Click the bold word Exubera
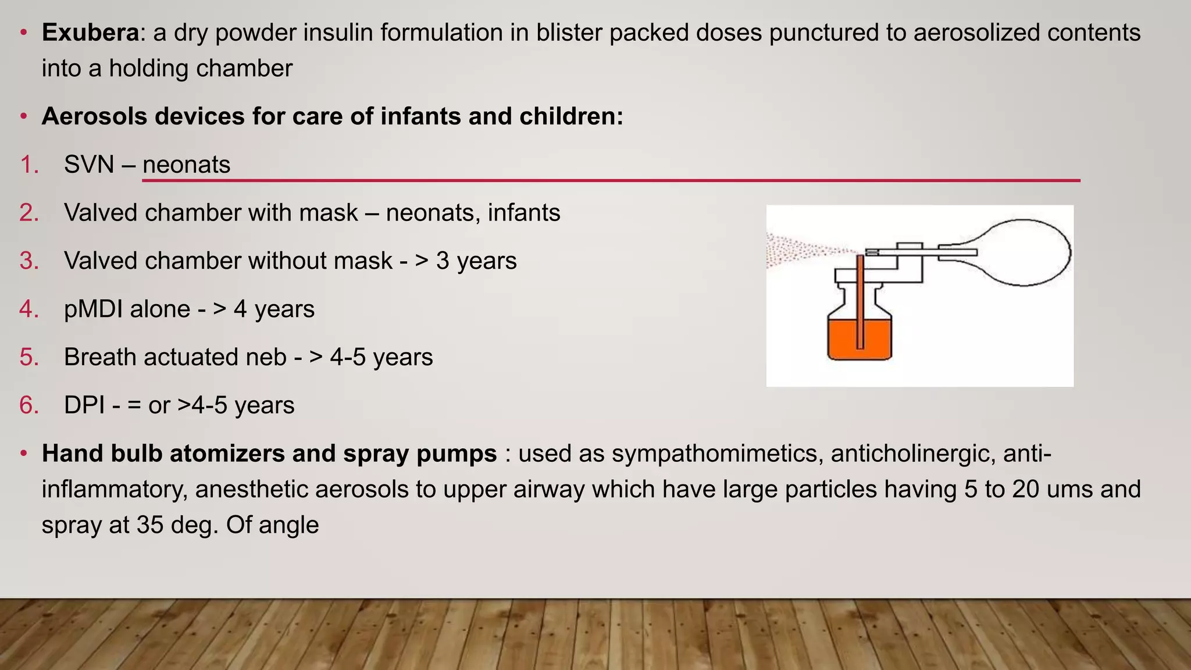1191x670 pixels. pyautogui.click(x=90, y=33)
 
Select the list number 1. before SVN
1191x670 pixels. pyautogui.click(x=29, y=165)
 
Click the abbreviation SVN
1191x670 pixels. pyautogui.click(x=89, y=165)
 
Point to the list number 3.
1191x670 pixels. pyautogui.click(x=29, y=261)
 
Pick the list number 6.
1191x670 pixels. pyautogui.click(x=29, y=405)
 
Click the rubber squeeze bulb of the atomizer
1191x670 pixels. pyautogui.click(x=1024, y=252)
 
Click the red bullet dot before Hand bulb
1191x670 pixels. pyautogui.click(x=23, y=453)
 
